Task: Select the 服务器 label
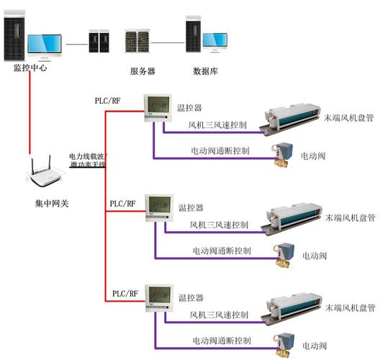[143, 71]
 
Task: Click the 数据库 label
[206, 71]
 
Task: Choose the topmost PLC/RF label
[109, 100]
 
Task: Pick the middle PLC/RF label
[122, 204]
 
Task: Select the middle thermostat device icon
[157, 207]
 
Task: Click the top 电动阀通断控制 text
[220, 151]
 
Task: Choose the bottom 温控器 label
[191, 297]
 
